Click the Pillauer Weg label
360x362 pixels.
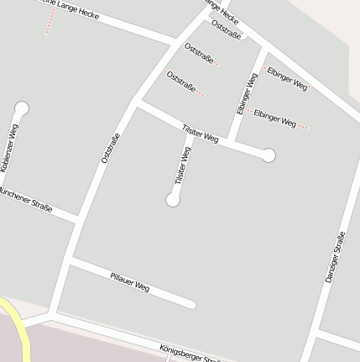(129, 282)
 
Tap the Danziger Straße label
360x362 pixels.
(335, 256)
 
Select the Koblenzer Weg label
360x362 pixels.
(9, 148)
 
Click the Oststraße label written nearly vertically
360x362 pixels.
(110, 149)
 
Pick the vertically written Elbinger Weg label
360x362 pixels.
(246, 94)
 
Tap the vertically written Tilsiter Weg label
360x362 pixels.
(182, 165)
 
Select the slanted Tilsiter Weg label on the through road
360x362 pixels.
(200, 133)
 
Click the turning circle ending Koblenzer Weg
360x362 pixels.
(22, 108)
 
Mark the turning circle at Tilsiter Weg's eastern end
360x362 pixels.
(269, 155)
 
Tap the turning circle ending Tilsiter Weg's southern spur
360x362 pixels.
(173, 200)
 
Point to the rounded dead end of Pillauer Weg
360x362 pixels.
(192, 304)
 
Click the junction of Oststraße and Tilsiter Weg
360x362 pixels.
(135, 102)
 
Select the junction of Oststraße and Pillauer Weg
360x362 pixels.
(70, 262)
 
